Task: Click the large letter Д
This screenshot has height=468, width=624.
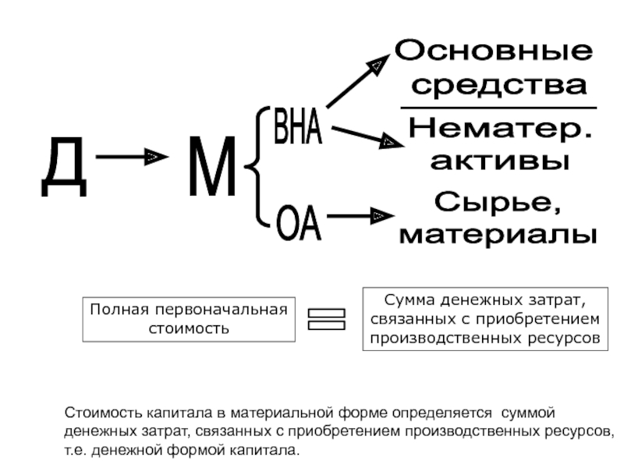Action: (63, 166)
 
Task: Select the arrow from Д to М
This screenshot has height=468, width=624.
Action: (131, 158)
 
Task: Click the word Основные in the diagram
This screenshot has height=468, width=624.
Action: (494, 53)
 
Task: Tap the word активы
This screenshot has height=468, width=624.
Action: (499, 161)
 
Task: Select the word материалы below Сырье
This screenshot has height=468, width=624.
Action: (498, 233)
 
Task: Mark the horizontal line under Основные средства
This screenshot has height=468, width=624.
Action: (498, 108)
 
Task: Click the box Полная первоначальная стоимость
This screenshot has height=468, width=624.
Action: (188, 319)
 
